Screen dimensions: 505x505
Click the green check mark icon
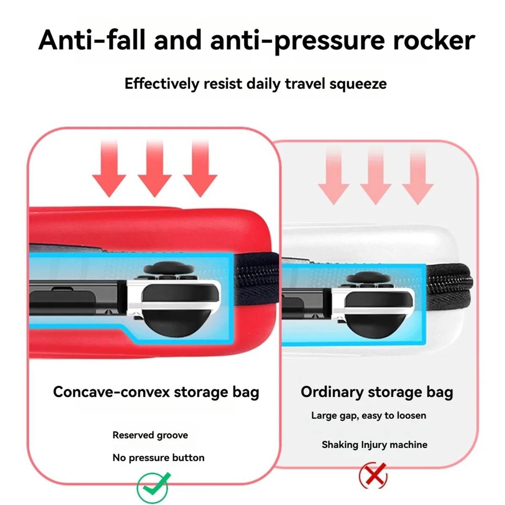[x=153, y=487]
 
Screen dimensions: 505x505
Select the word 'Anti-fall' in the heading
[x=92, y=40]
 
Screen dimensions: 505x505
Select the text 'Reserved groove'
[x=150, y=435]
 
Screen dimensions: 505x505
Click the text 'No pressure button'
[x=158, y=457]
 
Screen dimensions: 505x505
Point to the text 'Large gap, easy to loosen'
[x=369, y=415]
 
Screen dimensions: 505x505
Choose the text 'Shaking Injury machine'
[x=374, y=444]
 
